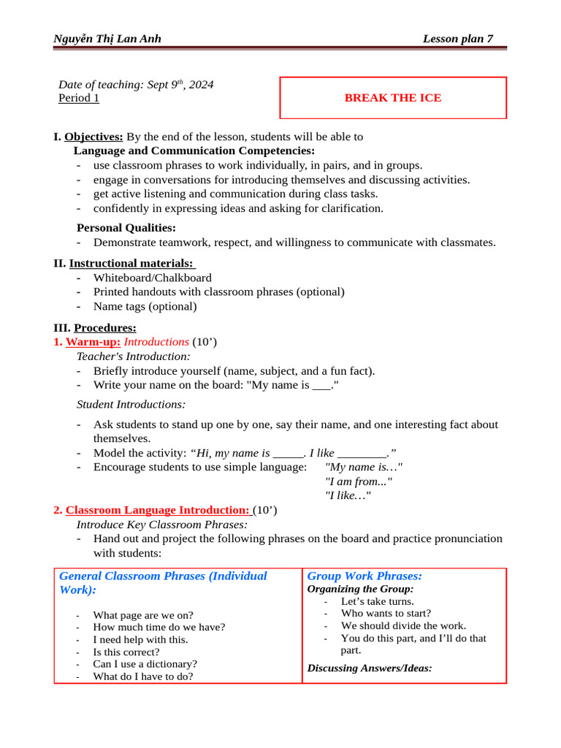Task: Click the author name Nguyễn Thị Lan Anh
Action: pos(107,39)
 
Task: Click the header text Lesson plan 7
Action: pos(462,39)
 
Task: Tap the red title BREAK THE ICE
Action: pos(393,98)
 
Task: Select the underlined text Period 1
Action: pos(79,98)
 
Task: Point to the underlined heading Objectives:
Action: pos(93,137)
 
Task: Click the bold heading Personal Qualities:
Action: pos(126,228)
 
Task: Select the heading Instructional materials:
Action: pos(153,263)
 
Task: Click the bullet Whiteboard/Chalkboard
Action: pos(152,278)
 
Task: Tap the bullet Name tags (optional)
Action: pos(145,306)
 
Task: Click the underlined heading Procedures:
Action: pos(104,328)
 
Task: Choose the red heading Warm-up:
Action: pos(93,342)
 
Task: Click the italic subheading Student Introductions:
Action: pos(131,404)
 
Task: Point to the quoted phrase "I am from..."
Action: pos(358,481)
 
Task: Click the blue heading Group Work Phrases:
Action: pos(365,576)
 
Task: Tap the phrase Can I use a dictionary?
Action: pos(145,664)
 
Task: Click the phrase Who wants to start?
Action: pos(386,614)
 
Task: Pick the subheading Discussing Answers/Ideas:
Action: pos(370,668)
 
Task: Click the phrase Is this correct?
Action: pos(126,652)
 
